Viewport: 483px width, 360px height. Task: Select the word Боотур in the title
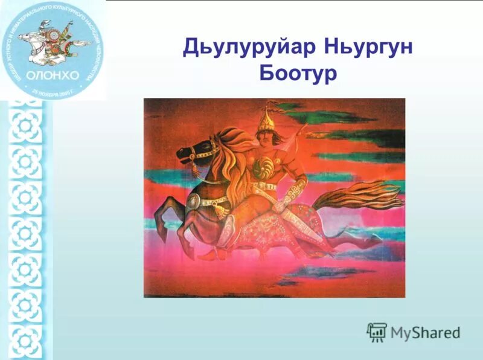click(x=297, y=74)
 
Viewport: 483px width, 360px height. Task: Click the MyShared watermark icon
click(x=377, y=331)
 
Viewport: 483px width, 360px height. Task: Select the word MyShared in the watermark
click(x=425, y=332)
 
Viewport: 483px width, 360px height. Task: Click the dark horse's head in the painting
click(x=192, y=151)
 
